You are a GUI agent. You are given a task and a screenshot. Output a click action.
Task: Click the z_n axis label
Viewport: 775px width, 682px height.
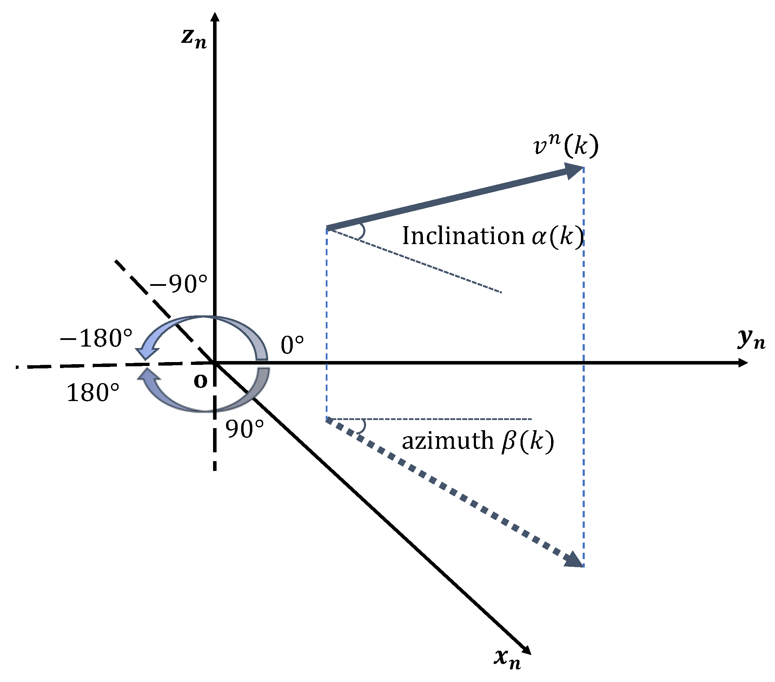coord(194,39)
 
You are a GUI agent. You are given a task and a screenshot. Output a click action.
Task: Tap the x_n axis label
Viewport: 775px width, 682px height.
coord(507,659)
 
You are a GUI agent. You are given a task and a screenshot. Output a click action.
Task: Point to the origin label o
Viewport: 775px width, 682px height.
coord(200,381)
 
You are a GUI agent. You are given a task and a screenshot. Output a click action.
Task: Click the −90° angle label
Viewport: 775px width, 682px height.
coord(179,284)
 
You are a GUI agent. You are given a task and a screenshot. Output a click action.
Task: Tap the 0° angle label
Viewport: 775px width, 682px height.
coord(292,346)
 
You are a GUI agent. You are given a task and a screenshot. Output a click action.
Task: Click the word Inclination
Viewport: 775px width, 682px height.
coord(463,236)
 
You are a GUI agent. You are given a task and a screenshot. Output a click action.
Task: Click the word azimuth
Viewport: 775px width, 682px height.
coord(448,441)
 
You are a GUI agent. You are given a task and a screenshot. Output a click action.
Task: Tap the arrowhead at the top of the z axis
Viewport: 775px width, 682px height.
coord(215,17)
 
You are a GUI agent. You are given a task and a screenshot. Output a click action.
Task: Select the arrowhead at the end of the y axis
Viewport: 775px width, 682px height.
coord(743,363)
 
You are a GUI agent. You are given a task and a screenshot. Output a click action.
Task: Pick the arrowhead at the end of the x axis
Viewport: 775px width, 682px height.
coord(526,650)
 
